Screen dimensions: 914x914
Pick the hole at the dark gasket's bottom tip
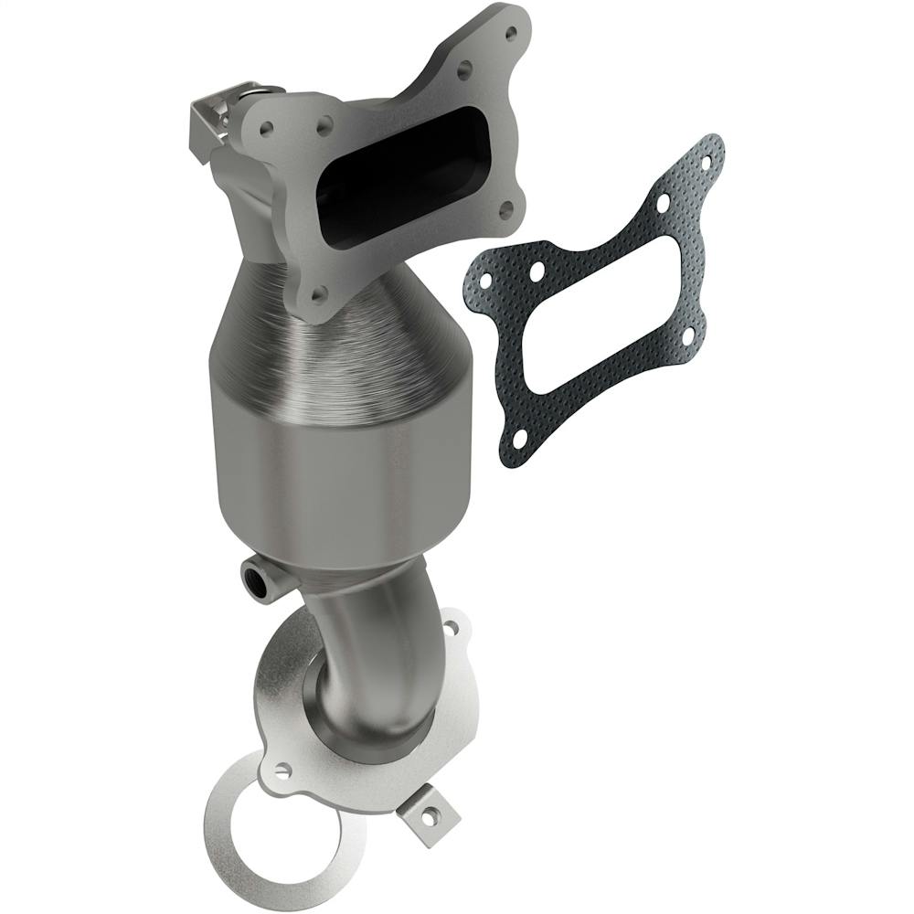[518, 440]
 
